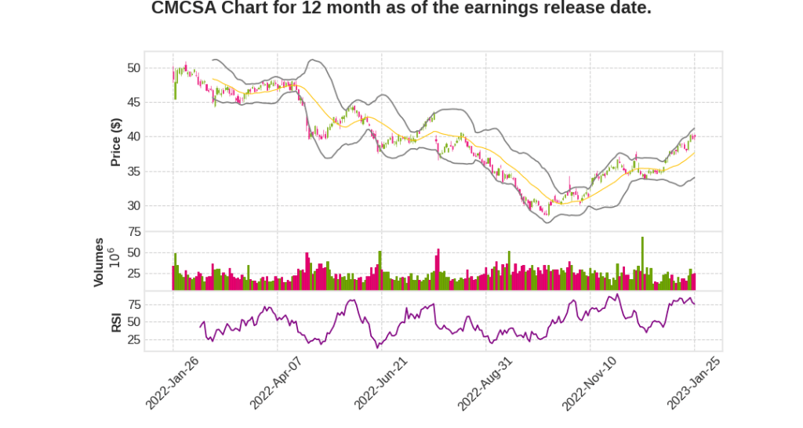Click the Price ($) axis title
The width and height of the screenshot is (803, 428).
[x=116, y=142]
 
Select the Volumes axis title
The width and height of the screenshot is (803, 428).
[x=99, y=262]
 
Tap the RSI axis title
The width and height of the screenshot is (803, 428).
[x=116, y=321]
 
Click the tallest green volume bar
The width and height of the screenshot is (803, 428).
[x=642, y=263]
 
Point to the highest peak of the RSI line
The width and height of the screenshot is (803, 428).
[x=618, y=295]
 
